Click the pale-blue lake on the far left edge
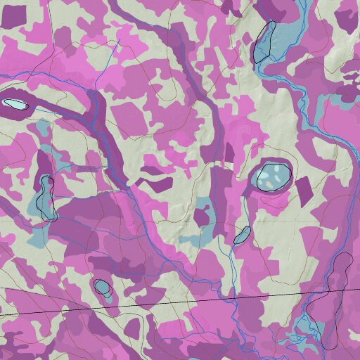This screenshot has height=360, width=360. (15, 104)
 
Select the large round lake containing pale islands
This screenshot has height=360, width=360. (272, 176)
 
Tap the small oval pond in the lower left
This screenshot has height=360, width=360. (102, 286)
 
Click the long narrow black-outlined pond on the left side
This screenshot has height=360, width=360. (46, 196)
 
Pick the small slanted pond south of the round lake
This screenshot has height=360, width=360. (243, 235)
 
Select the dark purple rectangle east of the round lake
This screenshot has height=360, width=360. (304, 188)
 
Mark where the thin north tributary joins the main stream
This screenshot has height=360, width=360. (94, 89)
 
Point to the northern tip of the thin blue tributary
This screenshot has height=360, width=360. (117, 44)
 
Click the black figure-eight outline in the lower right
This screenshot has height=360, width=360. (336, 295)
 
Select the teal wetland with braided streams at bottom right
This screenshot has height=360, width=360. (305, 328)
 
